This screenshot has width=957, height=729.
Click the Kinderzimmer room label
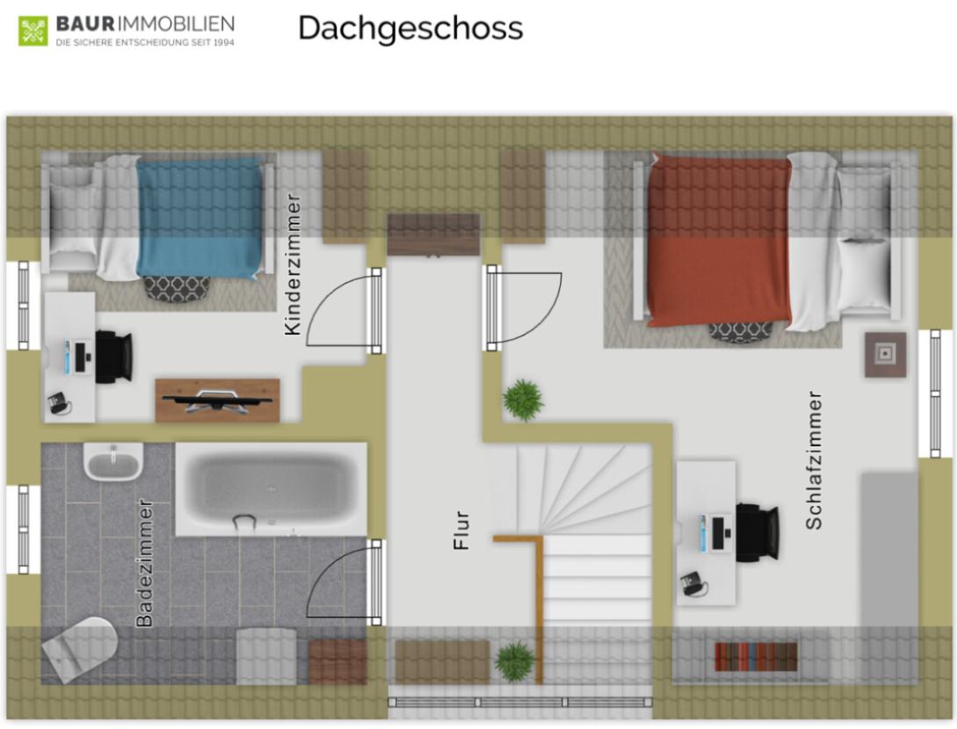click(293, 264)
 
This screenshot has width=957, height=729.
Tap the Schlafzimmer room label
click(814, 460)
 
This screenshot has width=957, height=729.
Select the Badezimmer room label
click(145, 563)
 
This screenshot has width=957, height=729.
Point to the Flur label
click(462, 531)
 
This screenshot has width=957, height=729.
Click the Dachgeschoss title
click(410, 28)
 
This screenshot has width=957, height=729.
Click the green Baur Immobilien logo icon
click(33, 31)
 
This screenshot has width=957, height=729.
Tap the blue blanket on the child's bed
click(200, 218)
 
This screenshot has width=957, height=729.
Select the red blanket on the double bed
click(719, 241)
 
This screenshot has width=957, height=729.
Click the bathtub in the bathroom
click(271, 489)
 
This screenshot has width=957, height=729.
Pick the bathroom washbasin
click(112, 462)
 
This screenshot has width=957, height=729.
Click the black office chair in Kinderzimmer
click(114, 357)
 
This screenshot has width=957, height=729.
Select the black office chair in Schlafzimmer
click(757, 532)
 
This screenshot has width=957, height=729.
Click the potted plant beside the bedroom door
click(523, 401)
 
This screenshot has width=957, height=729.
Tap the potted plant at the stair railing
click(514, 662)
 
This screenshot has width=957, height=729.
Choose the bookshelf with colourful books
click(756, 656)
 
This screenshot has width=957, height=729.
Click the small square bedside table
click(886, 355)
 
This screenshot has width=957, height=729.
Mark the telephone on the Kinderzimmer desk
click(59, 403)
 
